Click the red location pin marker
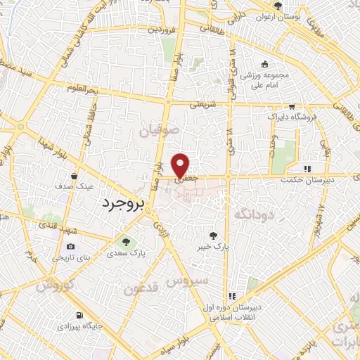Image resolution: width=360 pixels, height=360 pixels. coord(181,165)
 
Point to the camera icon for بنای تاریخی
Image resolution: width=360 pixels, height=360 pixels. coord(70,247)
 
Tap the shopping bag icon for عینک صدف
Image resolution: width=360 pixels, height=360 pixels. coord(75,176)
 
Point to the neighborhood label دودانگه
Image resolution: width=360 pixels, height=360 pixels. coord(254,212)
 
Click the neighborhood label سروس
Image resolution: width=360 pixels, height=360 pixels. coord(189,281)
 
